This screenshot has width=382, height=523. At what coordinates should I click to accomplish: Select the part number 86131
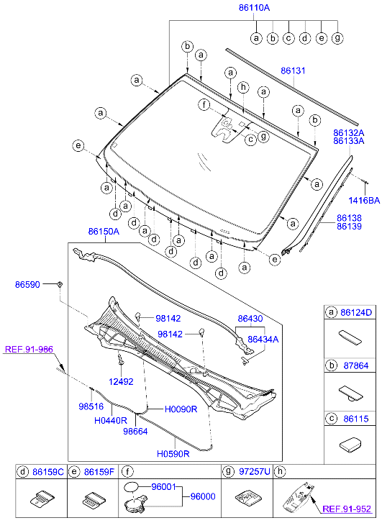[x=294, y=71]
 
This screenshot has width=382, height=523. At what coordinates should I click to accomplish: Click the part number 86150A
[x=104, y=232]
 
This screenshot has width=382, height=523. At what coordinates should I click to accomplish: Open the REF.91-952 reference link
[x=350, y=508]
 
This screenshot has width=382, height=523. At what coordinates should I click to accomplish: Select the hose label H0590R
[x=173, y=454]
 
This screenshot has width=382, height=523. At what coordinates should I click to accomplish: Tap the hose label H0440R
[x=110, y=420]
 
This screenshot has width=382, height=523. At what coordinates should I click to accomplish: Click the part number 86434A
[x=263, y=338]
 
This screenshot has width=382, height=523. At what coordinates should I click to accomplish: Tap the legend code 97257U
[x=255, y=472]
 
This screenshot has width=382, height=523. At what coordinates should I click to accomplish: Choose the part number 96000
[x=202, y=496]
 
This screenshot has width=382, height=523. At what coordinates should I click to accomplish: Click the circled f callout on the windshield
[x=204, y=106]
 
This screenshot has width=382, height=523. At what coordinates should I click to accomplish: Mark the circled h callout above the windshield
[x=243, y=87]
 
